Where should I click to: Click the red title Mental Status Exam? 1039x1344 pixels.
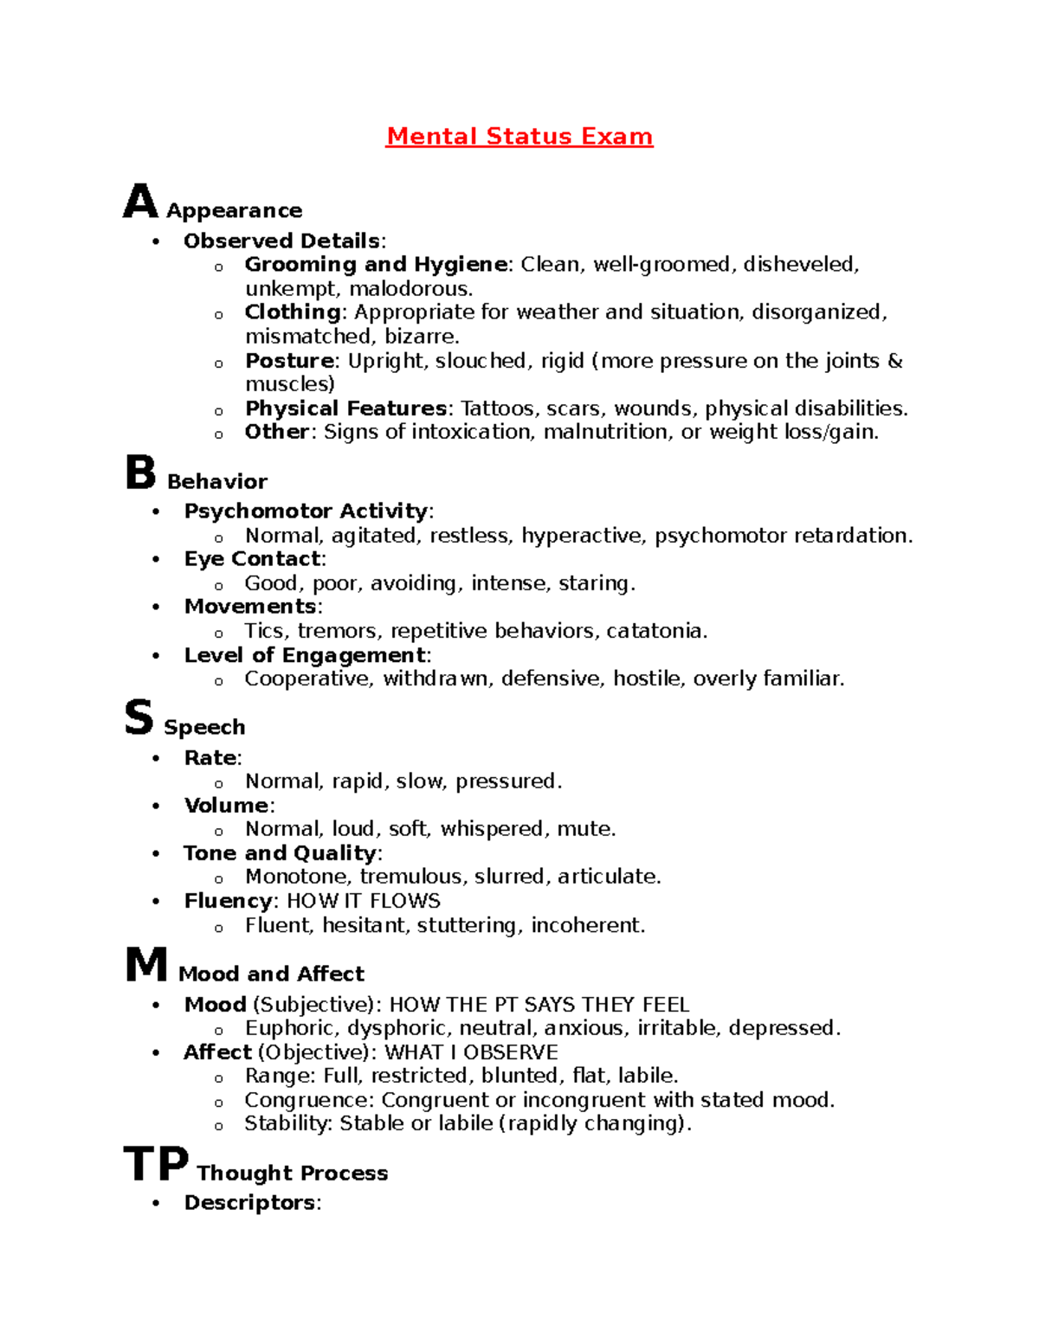519,137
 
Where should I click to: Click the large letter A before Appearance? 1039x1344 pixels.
140,202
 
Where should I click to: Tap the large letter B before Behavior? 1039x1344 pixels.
140,473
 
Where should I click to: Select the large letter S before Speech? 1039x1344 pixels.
139,718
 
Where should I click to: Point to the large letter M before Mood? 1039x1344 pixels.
146,964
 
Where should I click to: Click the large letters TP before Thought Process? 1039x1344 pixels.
156,1164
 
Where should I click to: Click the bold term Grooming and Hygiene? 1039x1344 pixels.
376,264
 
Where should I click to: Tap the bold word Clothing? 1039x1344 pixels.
293,312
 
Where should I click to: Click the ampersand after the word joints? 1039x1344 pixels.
895,361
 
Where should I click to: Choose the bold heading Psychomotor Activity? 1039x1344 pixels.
306,511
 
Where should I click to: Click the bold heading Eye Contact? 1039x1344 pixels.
252,559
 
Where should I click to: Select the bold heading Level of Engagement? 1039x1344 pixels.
305,655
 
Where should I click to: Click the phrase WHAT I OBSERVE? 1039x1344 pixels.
471,1052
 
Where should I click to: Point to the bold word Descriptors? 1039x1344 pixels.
249,1203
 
